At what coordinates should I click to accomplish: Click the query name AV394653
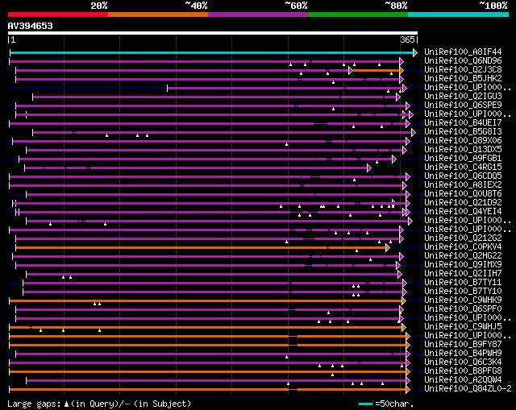31,26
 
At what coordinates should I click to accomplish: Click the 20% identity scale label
99,6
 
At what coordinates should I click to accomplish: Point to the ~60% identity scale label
296,6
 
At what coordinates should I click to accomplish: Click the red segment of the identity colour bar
57,14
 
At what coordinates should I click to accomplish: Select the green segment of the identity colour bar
357,14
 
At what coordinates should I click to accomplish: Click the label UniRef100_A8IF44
462,52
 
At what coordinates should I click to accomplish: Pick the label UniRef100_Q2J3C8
462,70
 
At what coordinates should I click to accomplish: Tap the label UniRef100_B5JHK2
462,79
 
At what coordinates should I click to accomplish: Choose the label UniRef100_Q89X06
462,141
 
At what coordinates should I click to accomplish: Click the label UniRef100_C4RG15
462,168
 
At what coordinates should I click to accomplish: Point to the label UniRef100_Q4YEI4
462,212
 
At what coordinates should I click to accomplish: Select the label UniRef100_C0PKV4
462,247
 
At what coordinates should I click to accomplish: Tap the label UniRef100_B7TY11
462,283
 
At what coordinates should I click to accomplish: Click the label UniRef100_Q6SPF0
462,309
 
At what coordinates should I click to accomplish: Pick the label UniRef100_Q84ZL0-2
467,389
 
